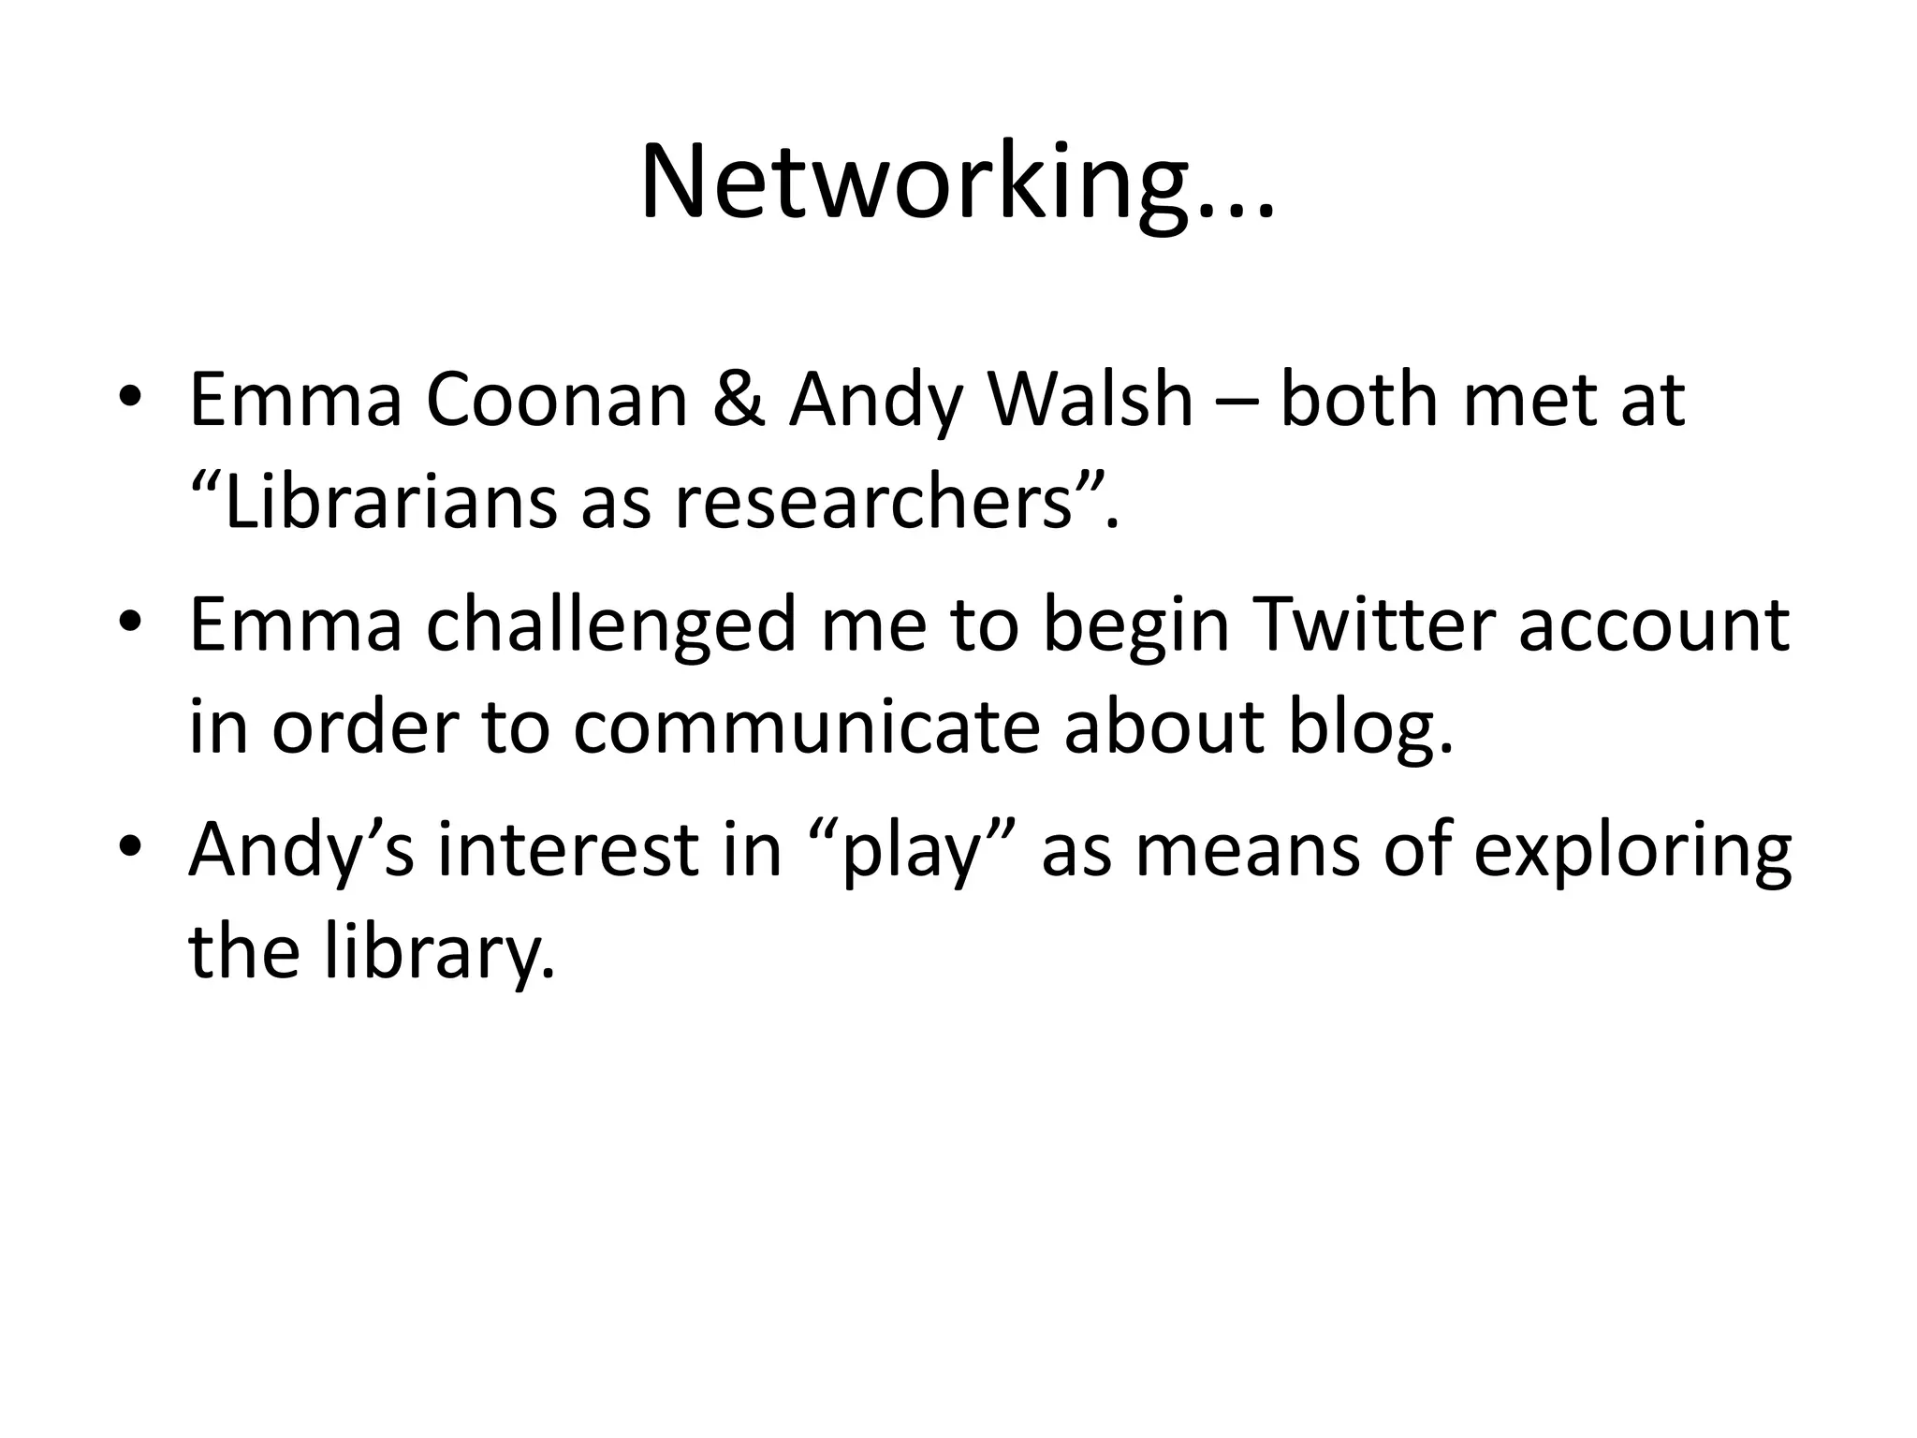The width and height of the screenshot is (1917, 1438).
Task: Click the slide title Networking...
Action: (957, 183)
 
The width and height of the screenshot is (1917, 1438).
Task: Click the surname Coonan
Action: (556, 400)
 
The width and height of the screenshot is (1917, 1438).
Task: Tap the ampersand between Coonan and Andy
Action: (739, 400)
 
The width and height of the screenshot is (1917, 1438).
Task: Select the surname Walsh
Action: (1090, 400)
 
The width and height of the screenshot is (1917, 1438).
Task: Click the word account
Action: (1653, 624)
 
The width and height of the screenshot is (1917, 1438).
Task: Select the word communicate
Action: (806, 727)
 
